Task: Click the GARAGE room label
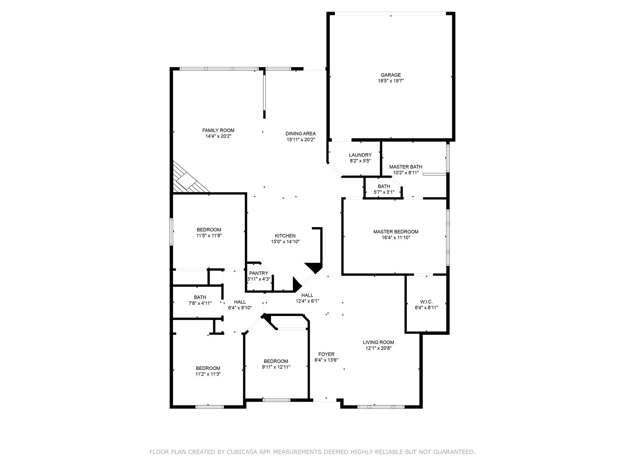pos(391,75)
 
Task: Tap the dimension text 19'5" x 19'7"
pos(391,81)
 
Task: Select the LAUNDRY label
pos(360,155)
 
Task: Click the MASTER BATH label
pos(406,167)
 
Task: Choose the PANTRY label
pos(258,273)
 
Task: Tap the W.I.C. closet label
pos(426,302)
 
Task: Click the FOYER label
pos(326,354)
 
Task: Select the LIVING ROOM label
pos(378,342)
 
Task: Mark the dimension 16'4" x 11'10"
pos(396,238)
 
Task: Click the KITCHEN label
pos(285,236)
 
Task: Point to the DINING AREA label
pos(301,134)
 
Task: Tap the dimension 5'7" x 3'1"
pos(384,192)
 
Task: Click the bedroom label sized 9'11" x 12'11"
pos(276,361)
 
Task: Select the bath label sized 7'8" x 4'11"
pos(200,297)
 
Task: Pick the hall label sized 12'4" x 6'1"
pos(307,295)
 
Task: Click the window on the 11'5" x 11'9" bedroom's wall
pos(172,232)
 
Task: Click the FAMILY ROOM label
pos(218,130)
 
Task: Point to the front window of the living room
pos(381,407)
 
